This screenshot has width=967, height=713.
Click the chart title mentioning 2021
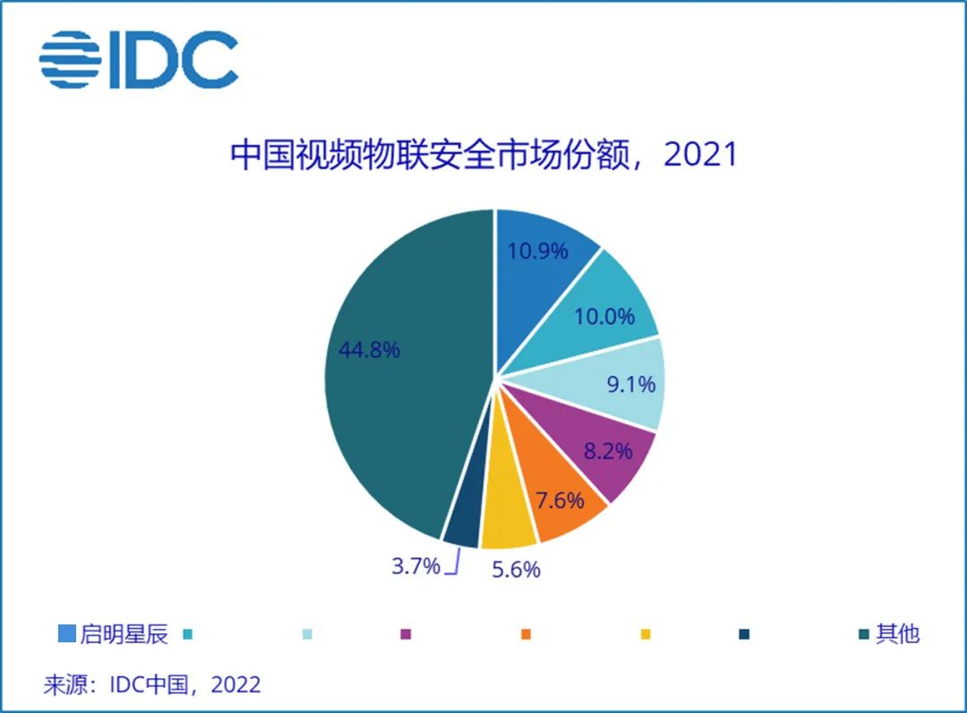click(483, 155)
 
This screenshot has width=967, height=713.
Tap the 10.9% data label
click(537, 250)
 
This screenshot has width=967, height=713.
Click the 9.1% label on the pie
click(630, 385)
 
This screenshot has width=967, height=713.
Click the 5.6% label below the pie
click(516, 569)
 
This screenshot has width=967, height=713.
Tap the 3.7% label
click(416, 565)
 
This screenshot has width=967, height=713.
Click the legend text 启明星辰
click(124, 634)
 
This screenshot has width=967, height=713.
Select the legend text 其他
click(898, 634)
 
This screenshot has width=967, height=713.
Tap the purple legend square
click(406, 634)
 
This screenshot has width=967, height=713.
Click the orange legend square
click(526, 634)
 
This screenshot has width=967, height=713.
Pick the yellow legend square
click(646, 634)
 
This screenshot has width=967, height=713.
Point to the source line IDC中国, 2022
click(152, 685)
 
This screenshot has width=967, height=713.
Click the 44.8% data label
click(369, 350)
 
